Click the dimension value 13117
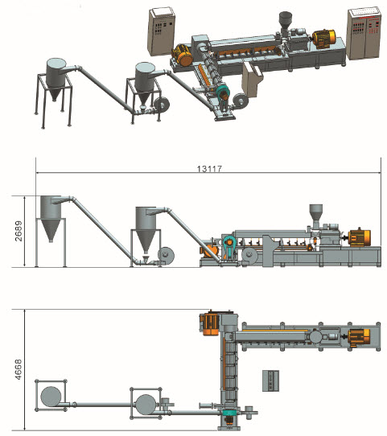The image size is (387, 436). pyautogui.click(x=209, y=168)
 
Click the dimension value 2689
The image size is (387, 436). pyautogui.click(x=19, y=231)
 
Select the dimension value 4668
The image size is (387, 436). pyautogui.click(x=18, y=369)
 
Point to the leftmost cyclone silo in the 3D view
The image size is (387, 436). pyautogui.click(x=56, y=79)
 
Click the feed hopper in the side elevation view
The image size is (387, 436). pyautogui.click(x=316, y=216)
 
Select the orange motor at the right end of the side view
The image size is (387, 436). pyautogui.click(x=359, y=238)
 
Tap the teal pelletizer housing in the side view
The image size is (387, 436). pyautogui.click(x=229, y=248)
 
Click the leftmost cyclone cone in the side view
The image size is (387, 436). pyautogui.click(x=51, y=229)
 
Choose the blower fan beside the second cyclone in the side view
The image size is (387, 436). pyautogui.click(x=166, y=254)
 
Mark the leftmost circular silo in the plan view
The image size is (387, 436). pyautogui.click(x=51, y=397)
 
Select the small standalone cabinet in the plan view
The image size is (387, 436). pyautogui.click(x=271, y=380)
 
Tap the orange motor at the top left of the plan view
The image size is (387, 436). pyautogui.click(x=210, y=323)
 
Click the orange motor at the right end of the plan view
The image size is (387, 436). pyautogui.click(x=360, y=337)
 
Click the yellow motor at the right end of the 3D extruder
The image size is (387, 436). pyautogui.click(x=324, y=39)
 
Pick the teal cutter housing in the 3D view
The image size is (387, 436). pyautogui.click(x=222, y=92)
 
